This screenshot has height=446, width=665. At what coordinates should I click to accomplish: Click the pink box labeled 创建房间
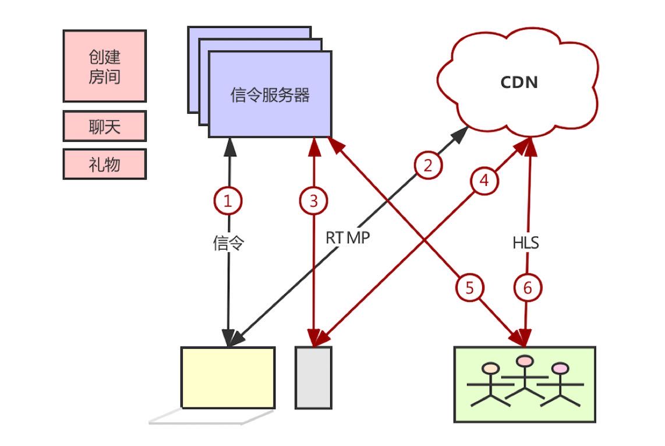pos(104,66)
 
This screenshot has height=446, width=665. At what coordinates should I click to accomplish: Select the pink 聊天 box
pos(104,127)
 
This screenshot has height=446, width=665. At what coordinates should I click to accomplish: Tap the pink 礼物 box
pos(104,164)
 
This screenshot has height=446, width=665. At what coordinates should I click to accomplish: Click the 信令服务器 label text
pos(270,95)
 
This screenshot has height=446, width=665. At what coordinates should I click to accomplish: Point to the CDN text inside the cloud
pos(519,83)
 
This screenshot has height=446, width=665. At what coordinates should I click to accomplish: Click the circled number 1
pos(228,201)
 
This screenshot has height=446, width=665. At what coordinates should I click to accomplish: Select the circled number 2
pos(429,166)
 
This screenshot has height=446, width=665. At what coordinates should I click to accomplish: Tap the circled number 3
pos(314,201)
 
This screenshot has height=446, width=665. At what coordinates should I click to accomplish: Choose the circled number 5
pos(469,287)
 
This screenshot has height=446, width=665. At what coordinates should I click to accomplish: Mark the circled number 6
pos(528,288)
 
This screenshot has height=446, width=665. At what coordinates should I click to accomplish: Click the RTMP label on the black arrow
pos(348,237)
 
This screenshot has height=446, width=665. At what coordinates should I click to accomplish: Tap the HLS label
pos(526,243)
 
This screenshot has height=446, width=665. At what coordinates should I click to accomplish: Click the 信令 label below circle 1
pos(228,243)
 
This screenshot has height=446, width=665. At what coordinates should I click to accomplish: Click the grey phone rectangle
pos(313,378)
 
